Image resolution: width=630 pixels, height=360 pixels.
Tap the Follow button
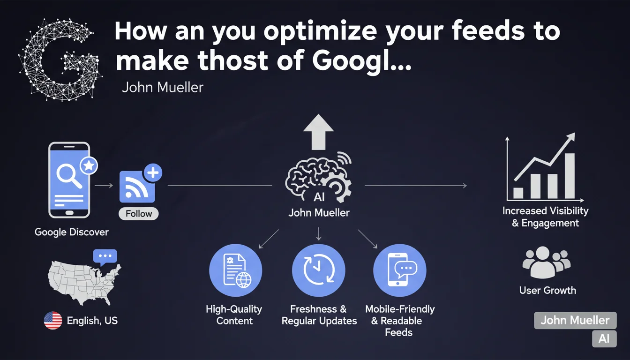tap(139, 214)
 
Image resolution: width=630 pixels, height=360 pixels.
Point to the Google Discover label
tap(71, 232)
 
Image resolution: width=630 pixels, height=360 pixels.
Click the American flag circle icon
tap(53, 320)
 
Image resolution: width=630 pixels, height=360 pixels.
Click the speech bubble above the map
tap(105, 257)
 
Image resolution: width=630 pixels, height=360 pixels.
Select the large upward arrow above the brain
tap(318, 132)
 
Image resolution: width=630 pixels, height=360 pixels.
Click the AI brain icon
tap(318, 177)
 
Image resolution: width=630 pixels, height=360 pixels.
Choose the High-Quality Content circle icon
tap(235, 270)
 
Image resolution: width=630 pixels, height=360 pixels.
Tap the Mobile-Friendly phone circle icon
tap(400, 270)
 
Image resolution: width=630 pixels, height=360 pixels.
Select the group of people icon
tap(546, 262)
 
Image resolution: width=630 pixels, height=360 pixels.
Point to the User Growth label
tap(547, 290)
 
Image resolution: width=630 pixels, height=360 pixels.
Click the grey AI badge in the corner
tap(604, 338)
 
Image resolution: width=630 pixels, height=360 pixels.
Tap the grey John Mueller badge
tap(575, 320)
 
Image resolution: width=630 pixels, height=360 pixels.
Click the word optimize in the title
tap(320, 32)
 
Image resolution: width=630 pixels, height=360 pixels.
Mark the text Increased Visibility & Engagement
tap(545, 217)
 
